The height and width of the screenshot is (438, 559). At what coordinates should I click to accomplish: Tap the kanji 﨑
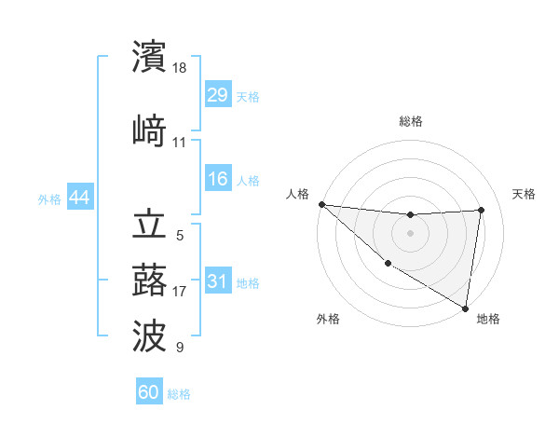coord(149,131)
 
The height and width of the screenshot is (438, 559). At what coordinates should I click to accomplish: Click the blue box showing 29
coord(217,95)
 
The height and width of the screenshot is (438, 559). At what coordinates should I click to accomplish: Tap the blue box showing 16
coord(217,180)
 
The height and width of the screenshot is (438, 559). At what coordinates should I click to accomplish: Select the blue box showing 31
coord(217,281)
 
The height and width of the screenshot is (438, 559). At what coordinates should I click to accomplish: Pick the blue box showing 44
coord(79,198)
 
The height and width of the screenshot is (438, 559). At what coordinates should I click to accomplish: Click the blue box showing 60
coord(149,392)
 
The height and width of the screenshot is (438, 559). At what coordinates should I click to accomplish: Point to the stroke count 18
coord(180,67)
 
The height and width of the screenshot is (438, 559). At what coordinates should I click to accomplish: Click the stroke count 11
coord(180,143)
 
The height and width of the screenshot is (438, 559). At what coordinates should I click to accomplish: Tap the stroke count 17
coord(180,292)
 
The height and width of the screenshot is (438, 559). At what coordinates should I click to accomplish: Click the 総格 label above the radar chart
coord(410,121)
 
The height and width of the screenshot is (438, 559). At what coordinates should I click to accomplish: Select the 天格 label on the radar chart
coord(525,194)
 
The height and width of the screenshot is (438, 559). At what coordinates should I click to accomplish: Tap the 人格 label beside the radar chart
coord(297,194)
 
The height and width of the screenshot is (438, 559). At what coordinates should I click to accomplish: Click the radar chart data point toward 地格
coord(465,308)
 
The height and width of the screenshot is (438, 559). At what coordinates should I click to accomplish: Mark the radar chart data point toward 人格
coord(321,204)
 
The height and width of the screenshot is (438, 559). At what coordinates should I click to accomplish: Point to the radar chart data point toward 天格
coord(482,210)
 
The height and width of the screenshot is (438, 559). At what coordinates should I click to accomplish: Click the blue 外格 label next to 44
coord(48,198)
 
